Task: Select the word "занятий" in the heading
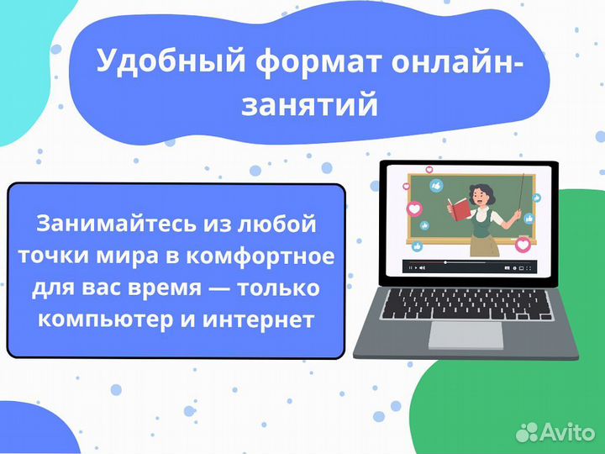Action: (308, 106)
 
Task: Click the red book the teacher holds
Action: (459, 206)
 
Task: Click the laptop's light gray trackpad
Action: (466, 335)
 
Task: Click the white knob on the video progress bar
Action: (445, 262)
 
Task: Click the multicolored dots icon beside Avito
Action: (527, 432)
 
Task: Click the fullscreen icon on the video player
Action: (531, 269)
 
